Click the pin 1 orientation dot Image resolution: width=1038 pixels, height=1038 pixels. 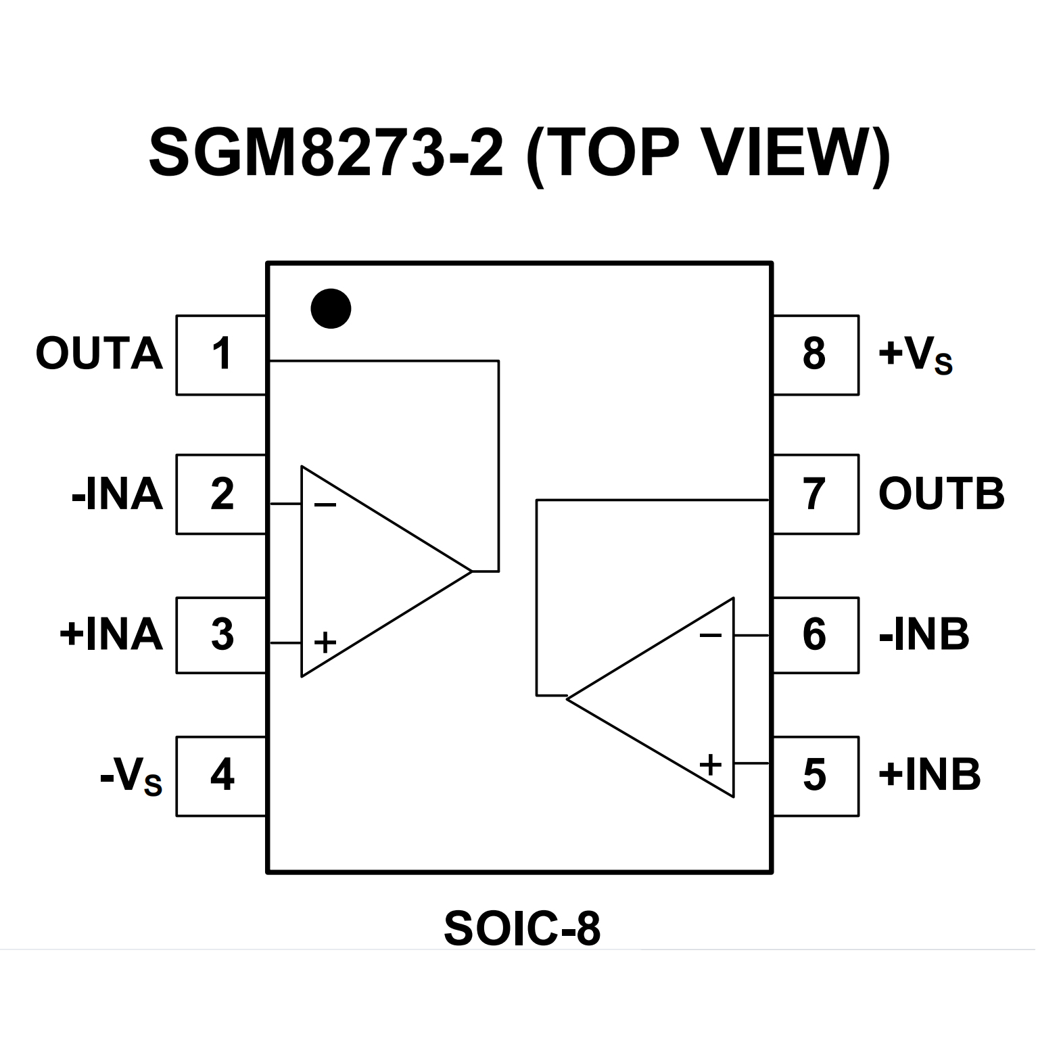tap(331, 309)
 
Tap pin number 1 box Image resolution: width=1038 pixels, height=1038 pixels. tap(221, 354)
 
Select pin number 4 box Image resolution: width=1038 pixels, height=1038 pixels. tap(221, 776)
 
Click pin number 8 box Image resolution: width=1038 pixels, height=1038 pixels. tap(815, 354)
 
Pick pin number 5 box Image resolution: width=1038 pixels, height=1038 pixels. tap(815, 776)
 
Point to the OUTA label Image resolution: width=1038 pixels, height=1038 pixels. tap(99, 354)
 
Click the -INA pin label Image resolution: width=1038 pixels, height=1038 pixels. tap(117, 494)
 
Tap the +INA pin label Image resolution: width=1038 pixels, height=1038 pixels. tap(112, 635)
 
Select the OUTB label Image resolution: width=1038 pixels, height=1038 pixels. tap(941, 494)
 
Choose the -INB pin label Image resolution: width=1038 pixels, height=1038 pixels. tap(924, 635)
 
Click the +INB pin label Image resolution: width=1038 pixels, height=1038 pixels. tap(929, 776)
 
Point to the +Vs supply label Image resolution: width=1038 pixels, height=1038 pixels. tap(914, 356)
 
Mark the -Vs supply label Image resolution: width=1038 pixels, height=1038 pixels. tap(131, 778)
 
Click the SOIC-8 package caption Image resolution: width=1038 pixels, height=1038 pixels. tap(521, 930)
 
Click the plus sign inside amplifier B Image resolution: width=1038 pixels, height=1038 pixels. tap(710, 765)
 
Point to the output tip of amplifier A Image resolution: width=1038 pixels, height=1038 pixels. tap(471, 571)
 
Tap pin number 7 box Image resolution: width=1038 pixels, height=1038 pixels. tap(815, 494)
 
